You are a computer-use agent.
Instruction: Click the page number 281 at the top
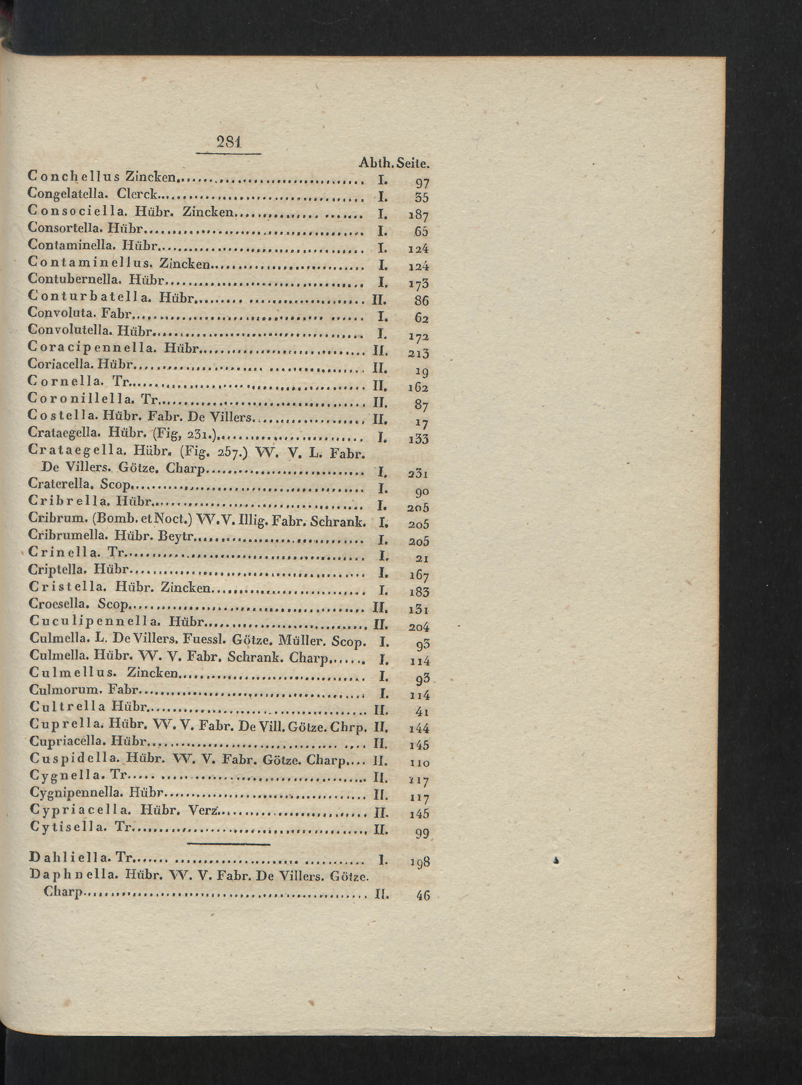click(x=228, y=143)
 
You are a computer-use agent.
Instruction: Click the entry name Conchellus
click(x=75, y=176)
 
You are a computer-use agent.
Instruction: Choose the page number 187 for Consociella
click(x=419, y=214)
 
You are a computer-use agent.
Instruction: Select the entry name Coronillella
click(x=81, y=399)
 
